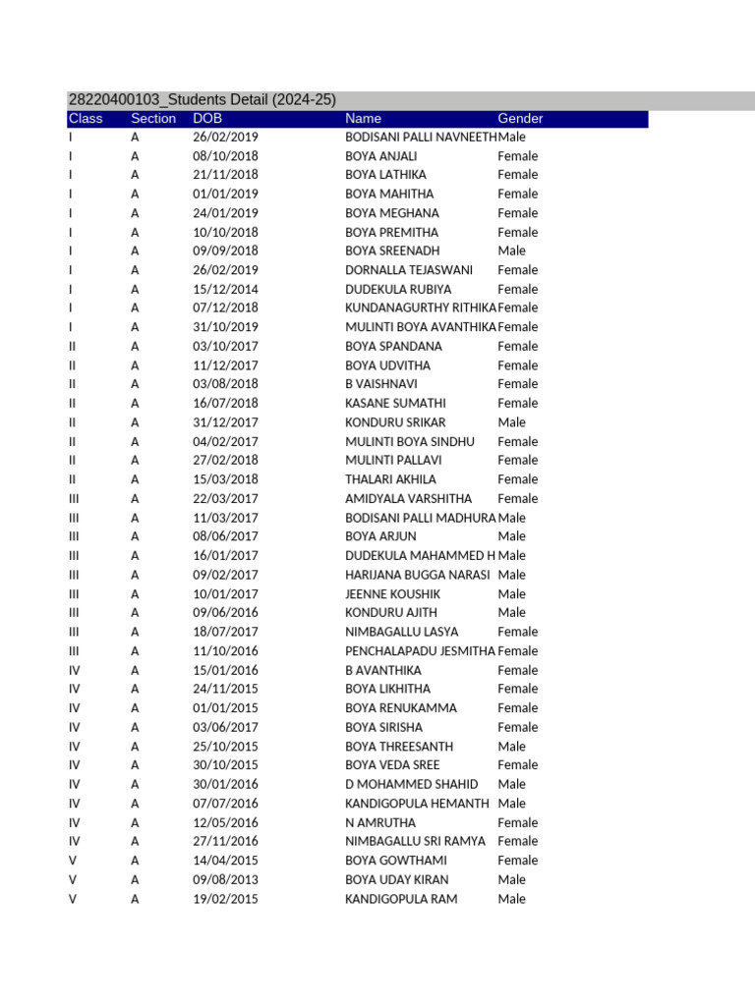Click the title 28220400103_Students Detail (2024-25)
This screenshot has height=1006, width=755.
coord(202,100)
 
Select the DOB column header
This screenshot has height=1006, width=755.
coord(207,119)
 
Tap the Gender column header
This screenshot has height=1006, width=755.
coord(520,119)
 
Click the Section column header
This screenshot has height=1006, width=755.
coord(153,119)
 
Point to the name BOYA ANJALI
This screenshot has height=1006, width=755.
coord(381,156)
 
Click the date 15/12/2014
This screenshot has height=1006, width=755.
coord(225,290)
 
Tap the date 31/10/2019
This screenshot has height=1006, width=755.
coord(225,327)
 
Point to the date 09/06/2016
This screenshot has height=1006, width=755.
coord(225,613)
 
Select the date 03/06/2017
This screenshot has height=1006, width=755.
coord(225,728)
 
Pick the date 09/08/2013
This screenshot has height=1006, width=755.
coord(225,880)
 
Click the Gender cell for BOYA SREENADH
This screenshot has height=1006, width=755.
coord(512,251)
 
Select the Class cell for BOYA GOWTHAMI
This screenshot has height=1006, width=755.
coord(73,861)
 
